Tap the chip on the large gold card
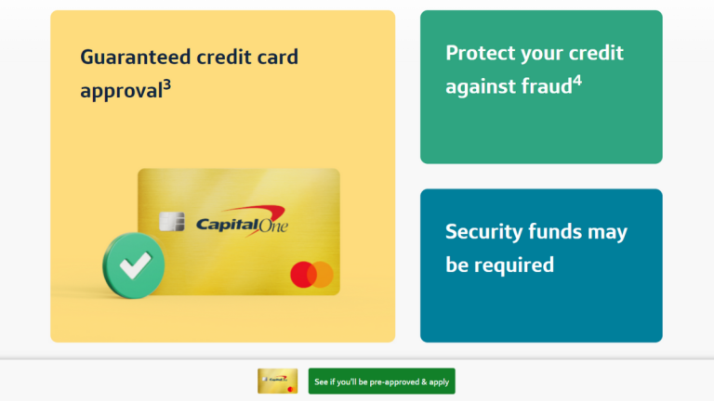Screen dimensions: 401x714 tap(170, 223)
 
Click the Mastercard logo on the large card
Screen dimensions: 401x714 tap(311, 274)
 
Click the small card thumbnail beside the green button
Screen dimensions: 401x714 tap(277, 381)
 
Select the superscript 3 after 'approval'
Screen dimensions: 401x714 tap(166, 87)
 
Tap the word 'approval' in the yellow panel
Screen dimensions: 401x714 tap(120, 92)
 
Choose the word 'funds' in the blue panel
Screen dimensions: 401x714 tap(558, 231)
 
